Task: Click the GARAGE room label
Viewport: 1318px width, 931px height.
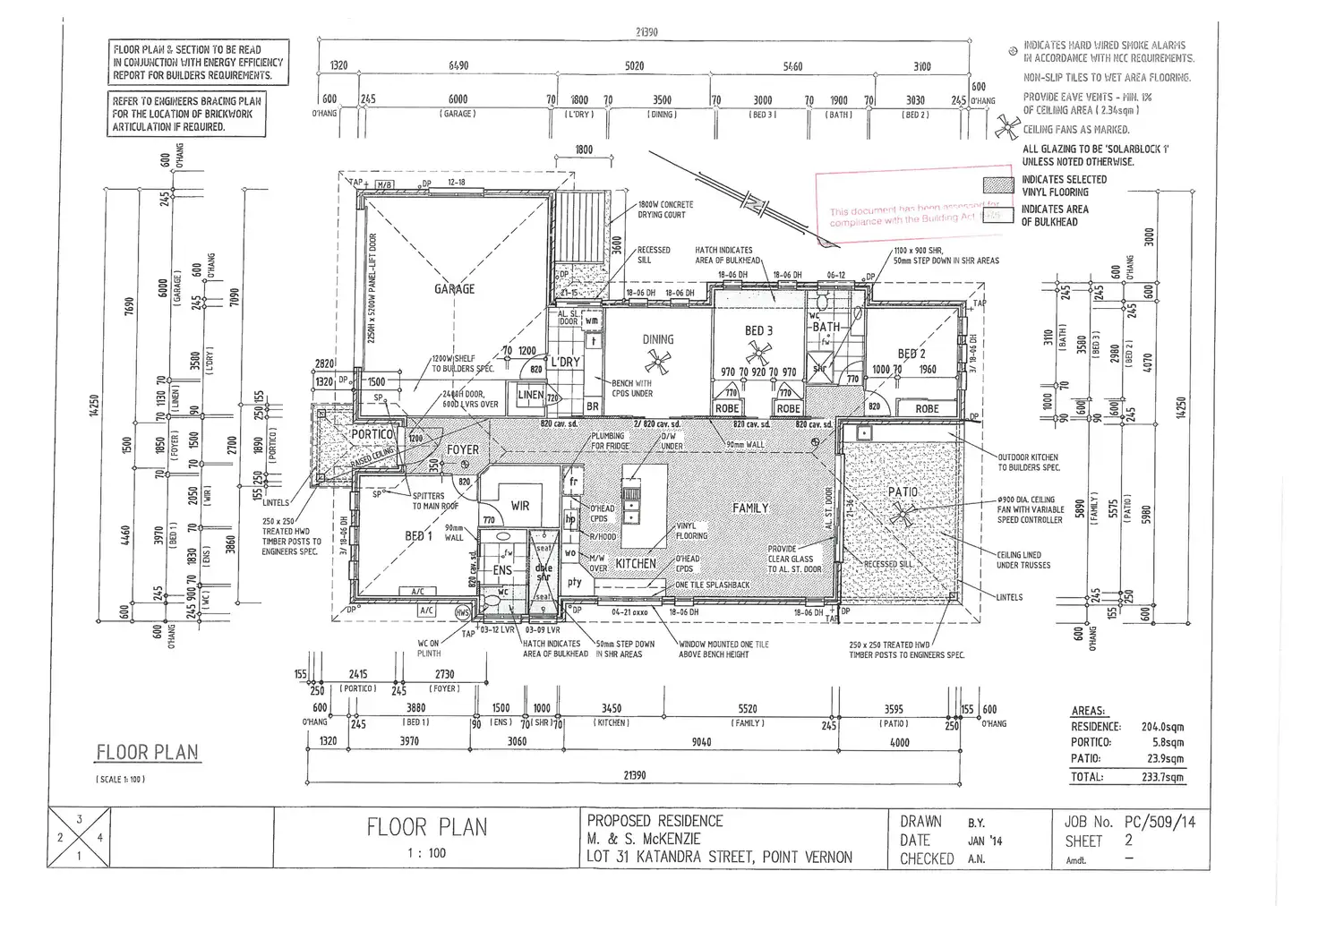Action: (x=454, y=289)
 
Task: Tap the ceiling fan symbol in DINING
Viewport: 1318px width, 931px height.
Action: (x=658, y=363)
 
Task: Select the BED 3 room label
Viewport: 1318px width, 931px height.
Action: (x=758, y=331)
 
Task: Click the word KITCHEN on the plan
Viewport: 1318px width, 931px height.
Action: (x=636, y=564)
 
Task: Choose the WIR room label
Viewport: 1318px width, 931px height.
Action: (x=520, y=506)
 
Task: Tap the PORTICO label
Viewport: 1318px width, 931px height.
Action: (x=372, y=434)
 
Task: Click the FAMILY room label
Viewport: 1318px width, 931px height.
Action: (x=750, y=508)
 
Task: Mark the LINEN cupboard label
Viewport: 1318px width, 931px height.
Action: (x=531, y=395)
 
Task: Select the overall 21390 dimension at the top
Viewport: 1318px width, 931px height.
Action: (x=646, y=32)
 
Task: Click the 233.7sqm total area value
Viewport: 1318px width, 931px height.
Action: (x=1162, y=777)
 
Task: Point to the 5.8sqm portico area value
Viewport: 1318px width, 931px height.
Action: (x=1168, y=742)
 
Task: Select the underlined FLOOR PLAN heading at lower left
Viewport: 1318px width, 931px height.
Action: (x=147, y=753)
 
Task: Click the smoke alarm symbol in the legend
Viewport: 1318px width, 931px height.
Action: (x=1012, y=51)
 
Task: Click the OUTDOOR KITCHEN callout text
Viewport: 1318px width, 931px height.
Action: (x=1029, y=462)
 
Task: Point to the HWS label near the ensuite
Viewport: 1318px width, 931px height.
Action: (x=462, y=612)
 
